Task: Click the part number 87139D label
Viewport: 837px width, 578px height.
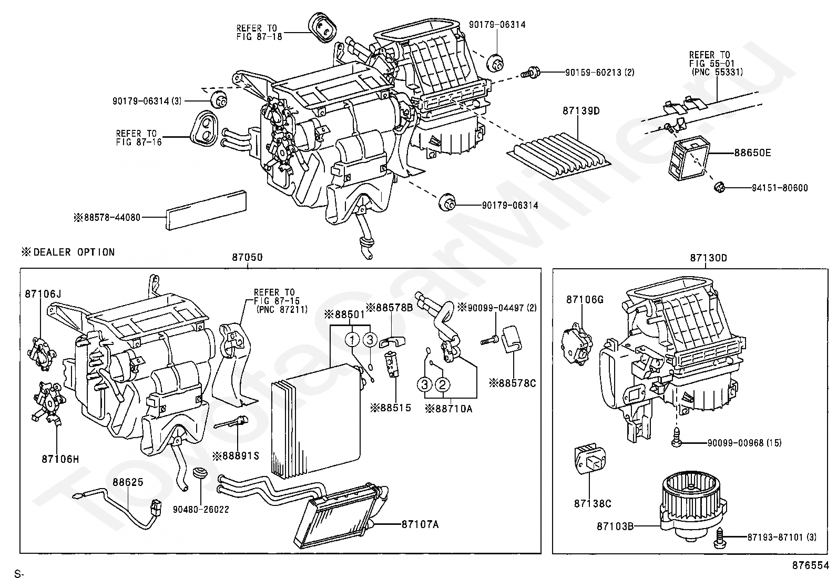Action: pyautogui.click(x=581, y=111)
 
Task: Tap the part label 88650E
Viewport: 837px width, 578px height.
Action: pyautogui.click(x=752, y=153)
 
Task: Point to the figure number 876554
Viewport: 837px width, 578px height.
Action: pyautogui.click(x=811, y=565)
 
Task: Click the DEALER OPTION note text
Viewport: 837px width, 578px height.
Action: pyautogui.click(x=68, y=252)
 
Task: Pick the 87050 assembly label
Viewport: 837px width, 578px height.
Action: pyautogui.click(x=247, y=257)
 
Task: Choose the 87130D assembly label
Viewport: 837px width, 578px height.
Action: pyautogui.click(x=709, y=258)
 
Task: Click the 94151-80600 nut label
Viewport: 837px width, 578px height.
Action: pyautogui.click(x=780, y=188)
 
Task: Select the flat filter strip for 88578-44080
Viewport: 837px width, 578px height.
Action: pyautogui.click(x=206, y=210)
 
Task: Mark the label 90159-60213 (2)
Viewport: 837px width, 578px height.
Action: pyautogui.click(x=600, y=73)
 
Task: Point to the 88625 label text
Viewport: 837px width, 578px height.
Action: pyautogui.click(x=128, y=482)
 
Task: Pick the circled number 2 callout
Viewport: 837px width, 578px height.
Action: pyautogui.click(x=443, y=384)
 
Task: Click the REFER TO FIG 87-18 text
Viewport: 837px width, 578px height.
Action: pyautogui.click(x=259, y=33)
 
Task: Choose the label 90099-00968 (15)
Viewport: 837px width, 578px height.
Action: pyautogui.click(x=744, y=443)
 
